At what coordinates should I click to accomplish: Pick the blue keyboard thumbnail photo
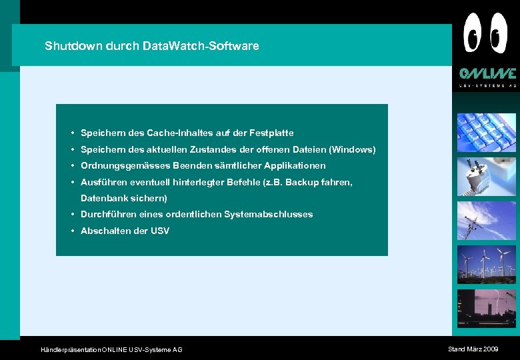(486, 133)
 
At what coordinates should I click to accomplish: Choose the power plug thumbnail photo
(486, 177)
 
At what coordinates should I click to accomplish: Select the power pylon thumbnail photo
(486, 221)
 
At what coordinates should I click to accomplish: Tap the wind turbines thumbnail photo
(486, 265)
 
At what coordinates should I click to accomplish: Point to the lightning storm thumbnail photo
(486, 309)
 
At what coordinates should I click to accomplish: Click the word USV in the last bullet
(160, 231)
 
